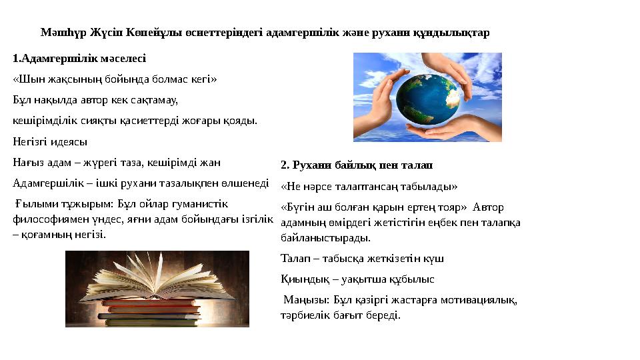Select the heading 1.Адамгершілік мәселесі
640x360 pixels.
click(x=79, y=59)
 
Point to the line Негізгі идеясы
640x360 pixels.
click(x=50, y=141)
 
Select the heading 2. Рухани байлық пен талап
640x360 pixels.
click(x=351, y=165)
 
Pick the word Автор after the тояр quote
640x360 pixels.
click(x=491, y=207)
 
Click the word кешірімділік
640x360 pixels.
click(x=43, y=121)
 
